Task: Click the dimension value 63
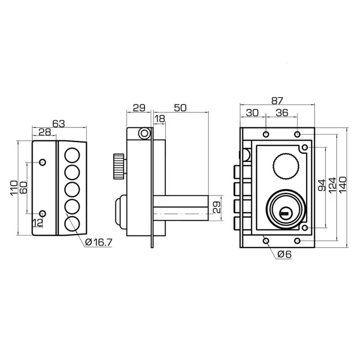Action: pyautogui.click(x=59, y=123)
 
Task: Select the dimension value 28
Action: pyautogui.click(x=44, y=132)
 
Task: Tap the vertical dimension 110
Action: pyautogui.click(x=14, y=187)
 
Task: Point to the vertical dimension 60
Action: pyautogui.click(x=23, y=187)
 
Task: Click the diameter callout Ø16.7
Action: pyautogui.click(x=99, y=243)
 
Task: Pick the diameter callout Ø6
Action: pyautogui.click(x=284, y=254)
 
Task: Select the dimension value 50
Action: pyautogui.click(x=180, y=108)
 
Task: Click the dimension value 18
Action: pyautogui.click(x=160, y=118)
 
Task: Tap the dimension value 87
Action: pyautogui.click(x=277, y=101)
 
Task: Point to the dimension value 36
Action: pyautogui.click(x=282, y=113)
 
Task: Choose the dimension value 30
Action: pyautogui.click(x=252, y=113)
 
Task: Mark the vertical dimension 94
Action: pyautogui.click(x=322, y=186)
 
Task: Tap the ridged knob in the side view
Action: pyautogui.click(x=118, y=165)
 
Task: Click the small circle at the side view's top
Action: pyautogui.click(x=144, y=133)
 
